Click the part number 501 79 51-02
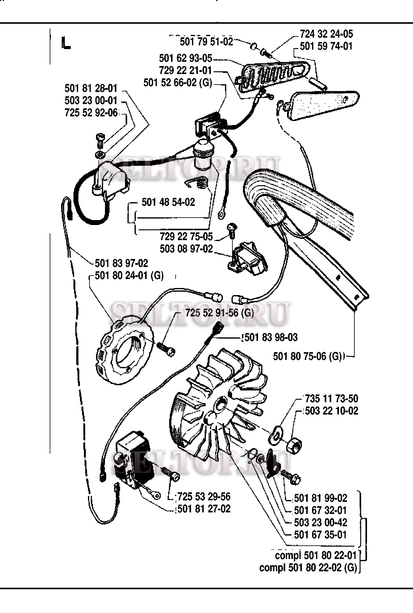point(206,42)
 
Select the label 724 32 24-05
point(326,34)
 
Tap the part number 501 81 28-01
point(91,88)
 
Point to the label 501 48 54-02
point(168,202)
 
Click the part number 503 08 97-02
point(186,248)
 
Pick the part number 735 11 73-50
point(332,398)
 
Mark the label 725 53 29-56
point(204,497)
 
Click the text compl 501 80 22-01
point(316,556)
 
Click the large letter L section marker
point(66,43)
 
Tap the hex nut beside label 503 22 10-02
point(294,445)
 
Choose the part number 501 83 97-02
point(121,263)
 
